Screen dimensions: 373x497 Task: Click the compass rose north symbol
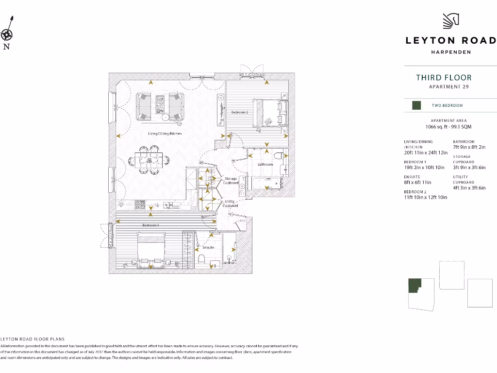click(7, 34)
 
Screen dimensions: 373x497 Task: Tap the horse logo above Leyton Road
click(451, 21)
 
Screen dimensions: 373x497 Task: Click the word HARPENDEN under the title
click(451, 52)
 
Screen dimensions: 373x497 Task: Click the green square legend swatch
click(416, 105)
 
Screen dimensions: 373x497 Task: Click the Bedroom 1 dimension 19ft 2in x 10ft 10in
click(425, 168)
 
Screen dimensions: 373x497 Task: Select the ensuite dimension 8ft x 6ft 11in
click(420, 182)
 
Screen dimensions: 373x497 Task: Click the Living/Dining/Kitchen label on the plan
click(165, 134)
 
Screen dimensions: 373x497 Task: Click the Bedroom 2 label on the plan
click(239, 112)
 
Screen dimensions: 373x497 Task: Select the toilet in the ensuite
click(202, 257)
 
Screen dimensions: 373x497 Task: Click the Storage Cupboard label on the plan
click(231, 181)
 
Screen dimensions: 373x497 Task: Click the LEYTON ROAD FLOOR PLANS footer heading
click(33, 339)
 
